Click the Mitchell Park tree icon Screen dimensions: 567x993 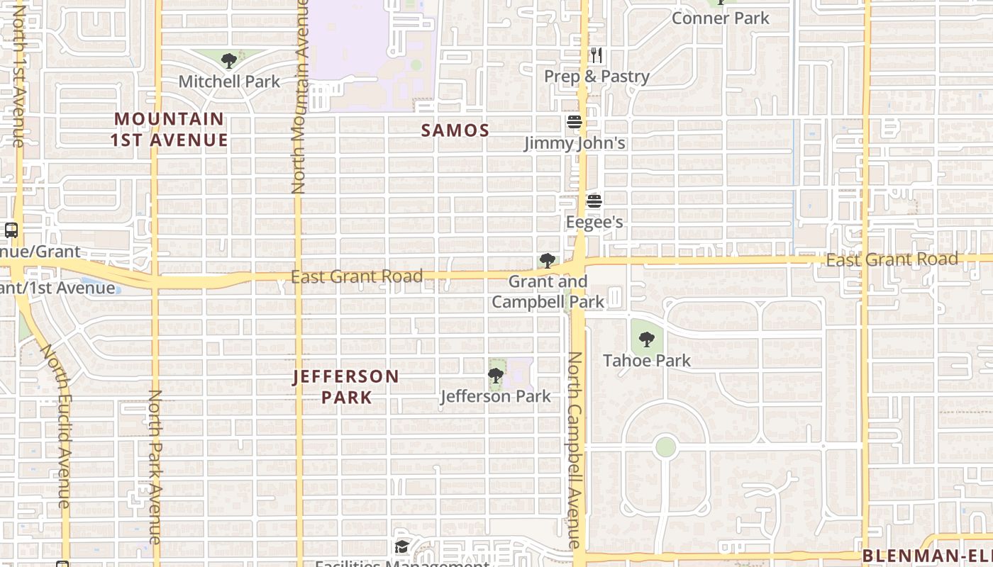coord(228,61)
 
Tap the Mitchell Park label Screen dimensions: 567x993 coord(229,82)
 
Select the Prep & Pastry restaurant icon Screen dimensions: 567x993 coord(597,55)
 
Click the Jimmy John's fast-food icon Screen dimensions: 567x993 coord(575,122)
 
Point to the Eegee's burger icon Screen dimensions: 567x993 coord(594,201)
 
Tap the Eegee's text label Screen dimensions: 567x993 coord(594,222)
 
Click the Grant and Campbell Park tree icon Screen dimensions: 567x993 coord(547,261)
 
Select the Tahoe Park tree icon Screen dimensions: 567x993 coord(646,339)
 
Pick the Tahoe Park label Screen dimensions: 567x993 coord(646,360)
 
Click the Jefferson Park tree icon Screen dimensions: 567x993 coord(496,376)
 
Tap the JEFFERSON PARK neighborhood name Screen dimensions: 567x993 coord(346,386)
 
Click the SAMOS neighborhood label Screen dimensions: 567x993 coord(455,130)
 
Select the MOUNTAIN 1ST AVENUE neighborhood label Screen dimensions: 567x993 coord(170,130)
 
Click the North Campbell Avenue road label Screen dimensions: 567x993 coord(575,449)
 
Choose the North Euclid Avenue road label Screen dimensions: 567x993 coord(57,425)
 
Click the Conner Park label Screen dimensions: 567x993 coord(720,18)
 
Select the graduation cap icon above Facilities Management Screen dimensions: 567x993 coord(402,546)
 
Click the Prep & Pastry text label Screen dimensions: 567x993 coord(597,76)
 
